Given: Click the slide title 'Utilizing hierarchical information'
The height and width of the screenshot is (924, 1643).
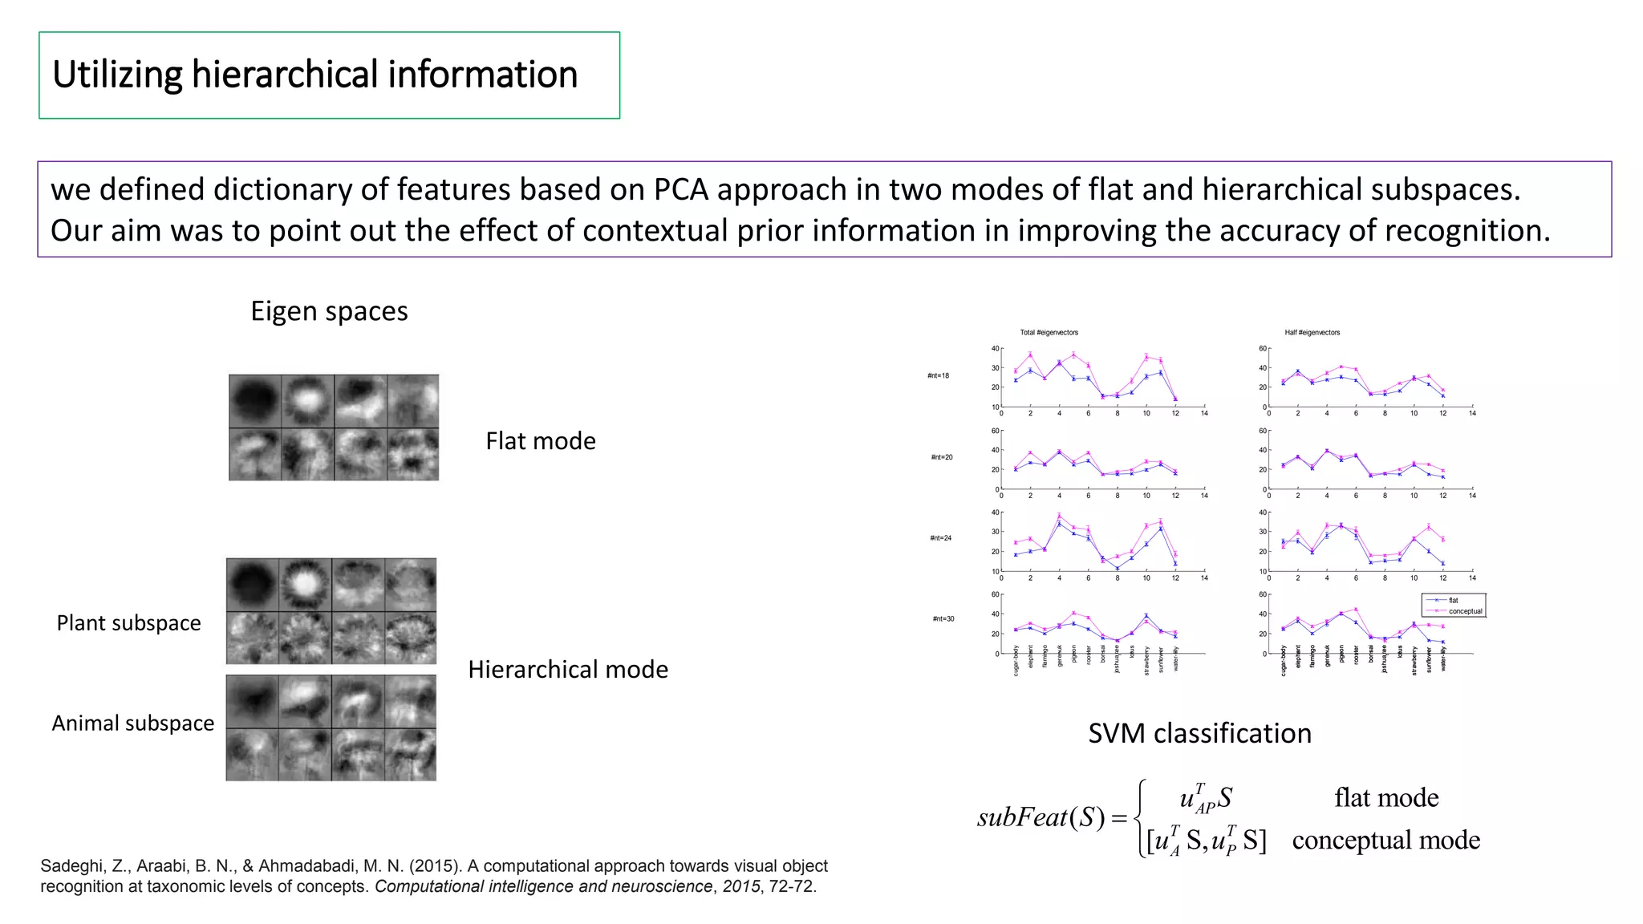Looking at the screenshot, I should click(314, 75).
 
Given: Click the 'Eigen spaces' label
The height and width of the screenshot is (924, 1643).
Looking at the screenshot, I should click(329, 311).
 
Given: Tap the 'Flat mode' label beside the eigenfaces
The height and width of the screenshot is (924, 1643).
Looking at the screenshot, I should click(540, 441).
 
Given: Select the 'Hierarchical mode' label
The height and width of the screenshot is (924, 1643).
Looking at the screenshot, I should click(567, 670).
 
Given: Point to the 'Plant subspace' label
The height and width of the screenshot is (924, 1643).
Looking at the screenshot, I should click(128, 623).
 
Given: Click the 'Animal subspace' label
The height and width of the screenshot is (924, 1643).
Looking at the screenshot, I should click(133, 723).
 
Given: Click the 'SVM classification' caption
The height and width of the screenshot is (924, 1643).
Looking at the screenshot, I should click(1199, 734).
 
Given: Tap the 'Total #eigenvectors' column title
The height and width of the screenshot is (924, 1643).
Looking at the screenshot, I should click(1049, 332).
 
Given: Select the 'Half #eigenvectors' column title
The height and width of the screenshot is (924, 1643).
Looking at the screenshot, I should click(1312, 332).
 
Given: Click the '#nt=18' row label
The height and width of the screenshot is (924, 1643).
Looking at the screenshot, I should click(938, 375).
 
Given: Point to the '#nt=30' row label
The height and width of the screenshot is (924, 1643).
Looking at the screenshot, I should click(943, 618).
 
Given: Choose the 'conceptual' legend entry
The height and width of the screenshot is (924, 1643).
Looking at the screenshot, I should click(1465, 611).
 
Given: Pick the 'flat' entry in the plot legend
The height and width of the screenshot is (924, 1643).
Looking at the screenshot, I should click(1453, 600).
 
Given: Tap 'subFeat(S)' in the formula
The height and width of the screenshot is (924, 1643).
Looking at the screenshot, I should click(1041, 818).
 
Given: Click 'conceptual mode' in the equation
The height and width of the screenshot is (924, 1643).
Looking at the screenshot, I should click(1385, 841).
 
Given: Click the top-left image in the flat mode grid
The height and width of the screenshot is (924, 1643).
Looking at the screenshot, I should click(255, 401).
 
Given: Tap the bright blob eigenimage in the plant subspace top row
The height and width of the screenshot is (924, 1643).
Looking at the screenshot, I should click(305, 584).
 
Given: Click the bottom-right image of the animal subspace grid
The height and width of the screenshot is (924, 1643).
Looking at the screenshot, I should click(410, 755).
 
